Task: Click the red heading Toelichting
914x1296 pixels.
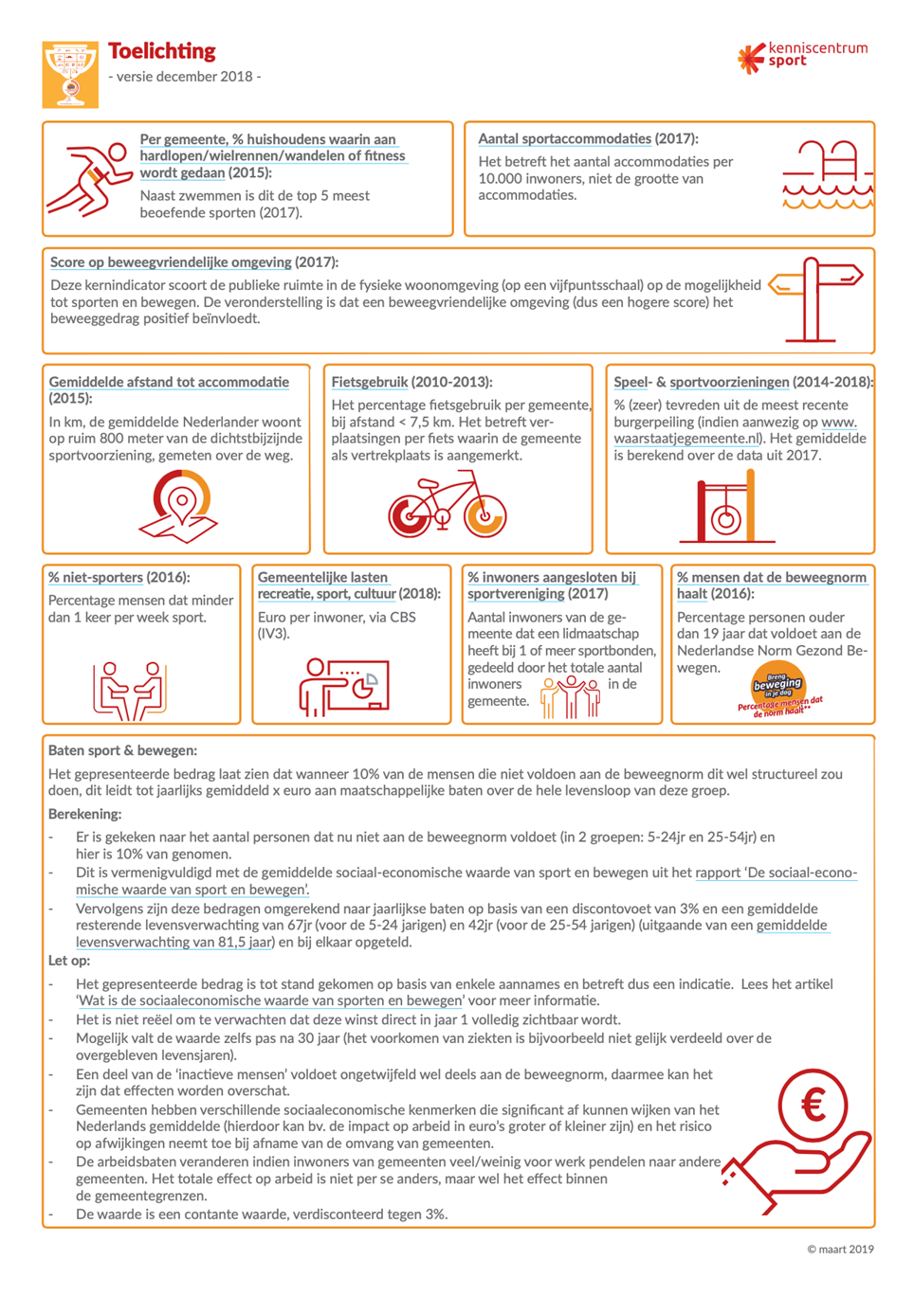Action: pos(162,51)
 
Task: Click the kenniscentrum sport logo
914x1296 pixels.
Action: pos(802,56)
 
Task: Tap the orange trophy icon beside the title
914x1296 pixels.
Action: pos(70,74)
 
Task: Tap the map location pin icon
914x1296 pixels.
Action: pos(180,507)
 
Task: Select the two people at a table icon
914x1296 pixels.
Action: pos(129,690)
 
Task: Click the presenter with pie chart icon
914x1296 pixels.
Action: pos(343,686)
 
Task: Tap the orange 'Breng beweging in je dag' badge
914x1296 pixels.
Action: pos(778,686)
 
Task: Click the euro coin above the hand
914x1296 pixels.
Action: pos(813,1106)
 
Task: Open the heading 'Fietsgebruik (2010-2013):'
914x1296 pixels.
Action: pos(411,382)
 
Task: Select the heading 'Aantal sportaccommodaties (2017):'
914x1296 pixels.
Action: pos(588,138)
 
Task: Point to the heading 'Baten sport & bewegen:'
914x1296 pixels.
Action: pos(123,750)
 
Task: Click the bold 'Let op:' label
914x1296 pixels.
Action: pos(69,961)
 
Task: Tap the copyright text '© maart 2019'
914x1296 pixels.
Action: pos(840,1249)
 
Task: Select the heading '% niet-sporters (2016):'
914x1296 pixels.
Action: pos(119,577)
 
